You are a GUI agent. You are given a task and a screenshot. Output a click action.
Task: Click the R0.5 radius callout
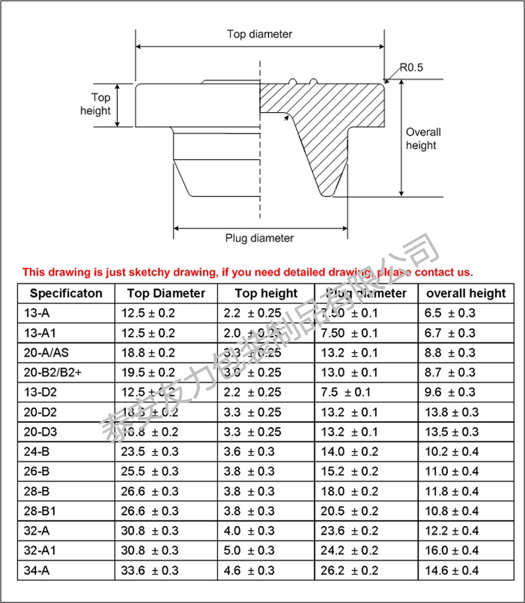[411, 67]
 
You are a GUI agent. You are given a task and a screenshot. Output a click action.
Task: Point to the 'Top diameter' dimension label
[259, 34]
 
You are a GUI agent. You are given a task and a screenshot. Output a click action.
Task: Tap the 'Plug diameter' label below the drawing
[259, 238]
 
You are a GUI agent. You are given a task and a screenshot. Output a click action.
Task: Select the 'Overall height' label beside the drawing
[423, 138]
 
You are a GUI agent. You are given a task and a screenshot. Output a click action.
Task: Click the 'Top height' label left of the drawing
[96, 104]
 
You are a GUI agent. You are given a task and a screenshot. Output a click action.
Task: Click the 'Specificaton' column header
[66, 293]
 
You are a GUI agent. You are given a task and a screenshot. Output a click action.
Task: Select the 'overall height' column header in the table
[466, 293]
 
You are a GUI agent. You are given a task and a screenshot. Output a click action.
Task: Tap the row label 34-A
[39, 570]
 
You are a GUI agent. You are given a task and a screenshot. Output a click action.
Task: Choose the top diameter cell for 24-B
[150, 452]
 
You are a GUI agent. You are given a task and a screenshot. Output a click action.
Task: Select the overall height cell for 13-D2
[449, 392]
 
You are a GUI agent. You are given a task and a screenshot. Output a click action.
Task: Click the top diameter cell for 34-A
[150, 570]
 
